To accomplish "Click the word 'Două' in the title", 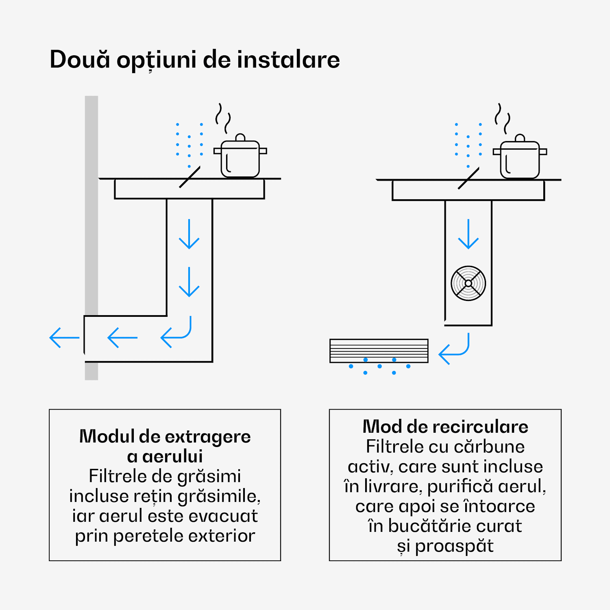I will click(x=80, y=60).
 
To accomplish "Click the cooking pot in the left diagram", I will click(x=240, y=159).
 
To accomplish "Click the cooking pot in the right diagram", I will click(x=520, y=159).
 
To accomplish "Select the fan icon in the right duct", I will click(x=468, y=283).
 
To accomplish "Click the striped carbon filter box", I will click(x=379, y=351).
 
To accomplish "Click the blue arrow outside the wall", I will click(x=64, y=338).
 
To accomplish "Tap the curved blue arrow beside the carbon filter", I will click(x=454, y=349).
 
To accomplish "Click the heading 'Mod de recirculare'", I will click(x=445, y=427).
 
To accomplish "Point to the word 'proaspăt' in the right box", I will click(x=454, y=546).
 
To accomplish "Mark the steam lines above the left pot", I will click(x=223, y=118).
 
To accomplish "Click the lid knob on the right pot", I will click(x=520, y=138).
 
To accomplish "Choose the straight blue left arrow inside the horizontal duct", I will click(x=122, y=338).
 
